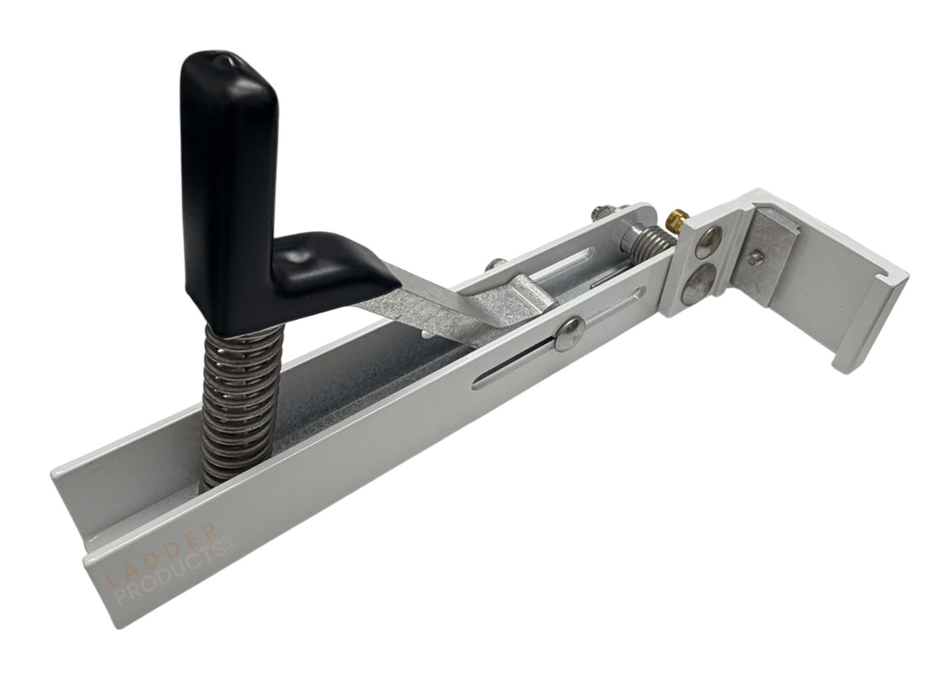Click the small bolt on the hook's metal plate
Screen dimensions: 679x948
coord(755,258)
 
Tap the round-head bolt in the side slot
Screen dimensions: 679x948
coord(570,334)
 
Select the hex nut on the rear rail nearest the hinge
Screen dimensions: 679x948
coord(601,213)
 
